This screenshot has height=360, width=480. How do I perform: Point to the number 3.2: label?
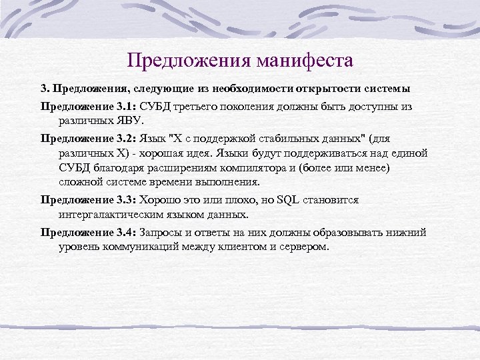pyautogui.click(x=127, y=138)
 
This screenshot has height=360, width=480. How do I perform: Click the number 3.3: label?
pyautogui.click(x=127, y=200)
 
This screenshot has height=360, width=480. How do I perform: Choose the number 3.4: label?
pyautogui.click(x=127, y=232)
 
